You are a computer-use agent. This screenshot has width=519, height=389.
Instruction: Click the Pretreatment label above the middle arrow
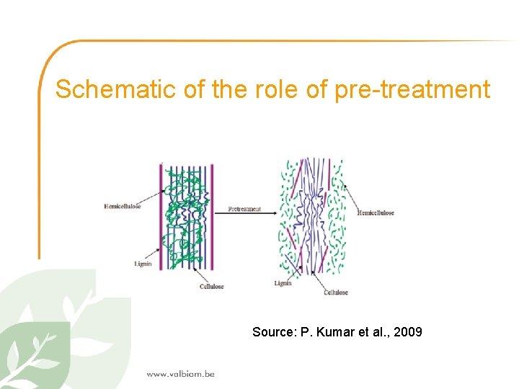click(244, 210)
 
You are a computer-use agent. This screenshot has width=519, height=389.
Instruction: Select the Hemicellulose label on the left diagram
click(123, 207)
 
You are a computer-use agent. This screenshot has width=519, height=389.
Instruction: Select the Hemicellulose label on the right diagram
click(376, 213)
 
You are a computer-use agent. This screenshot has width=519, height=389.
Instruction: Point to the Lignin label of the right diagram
click(283, 283)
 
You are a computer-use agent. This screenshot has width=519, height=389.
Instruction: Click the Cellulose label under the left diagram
click(211, 286)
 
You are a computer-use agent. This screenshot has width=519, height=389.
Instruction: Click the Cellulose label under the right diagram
click(336, 292)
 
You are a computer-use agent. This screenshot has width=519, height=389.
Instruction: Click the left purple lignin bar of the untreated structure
click(161, 216)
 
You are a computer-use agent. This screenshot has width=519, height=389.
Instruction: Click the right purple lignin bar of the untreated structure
click(212, 216)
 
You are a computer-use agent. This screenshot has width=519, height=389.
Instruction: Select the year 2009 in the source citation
click(407, 332)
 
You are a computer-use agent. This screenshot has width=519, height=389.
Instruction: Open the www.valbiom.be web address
click(180, 373)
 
